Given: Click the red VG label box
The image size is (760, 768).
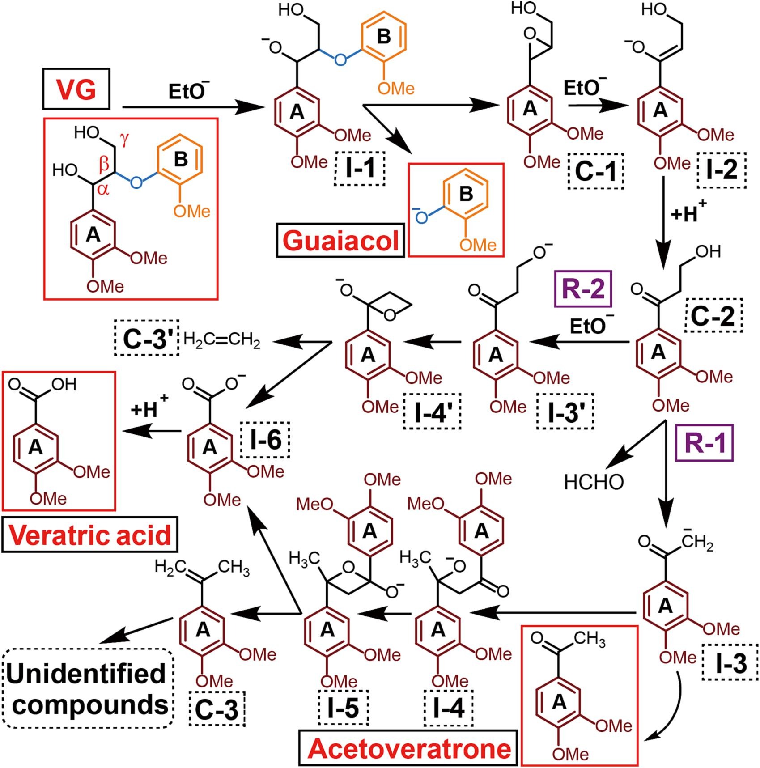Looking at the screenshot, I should point(76,89).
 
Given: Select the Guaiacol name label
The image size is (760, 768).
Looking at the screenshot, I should point(341,240).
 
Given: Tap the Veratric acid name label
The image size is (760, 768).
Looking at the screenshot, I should point(90,535).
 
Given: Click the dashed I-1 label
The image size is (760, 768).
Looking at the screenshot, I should point(360,169).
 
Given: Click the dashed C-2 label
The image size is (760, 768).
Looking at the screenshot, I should point(713,315).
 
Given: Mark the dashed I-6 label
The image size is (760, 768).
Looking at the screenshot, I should point(265,440).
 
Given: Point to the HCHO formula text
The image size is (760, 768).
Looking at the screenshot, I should point(594,482).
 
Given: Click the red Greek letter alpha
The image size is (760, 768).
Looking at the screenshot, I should point(103,189).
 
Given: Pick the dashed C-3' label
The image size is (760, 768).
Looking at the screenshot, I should point(147,338).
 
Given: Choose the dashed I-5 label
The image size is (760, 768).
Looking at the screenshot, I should point(343,708).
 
